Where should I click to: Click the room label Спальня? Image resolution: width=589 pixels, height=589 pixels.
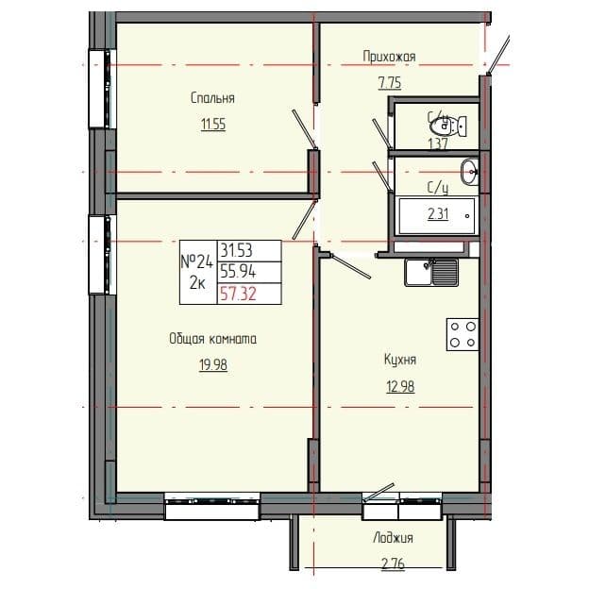pos(211,97)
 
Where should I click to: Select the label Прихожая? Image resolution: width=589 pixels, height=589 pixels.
pos(389,57)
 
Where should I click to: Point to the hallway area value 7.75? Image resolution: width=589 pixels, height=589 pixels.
pos(389,82)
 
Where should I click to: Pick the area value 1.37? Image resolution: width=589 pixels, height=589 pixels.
pos(436,143)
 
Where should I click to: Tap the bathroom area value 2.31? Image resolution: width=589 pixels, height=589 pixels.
pos(437,213)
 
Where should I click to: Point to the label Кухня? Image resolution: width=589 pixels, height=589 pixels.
pos(400,359)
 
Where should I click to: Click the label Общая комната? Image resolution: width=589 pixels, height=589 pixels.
pos(212,339)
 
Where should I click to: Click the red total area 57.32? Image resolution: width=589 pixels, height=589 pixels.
pos(236,294)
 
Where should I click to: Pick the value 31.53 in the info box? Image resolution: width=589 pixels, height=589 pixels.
pos(236,251)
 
